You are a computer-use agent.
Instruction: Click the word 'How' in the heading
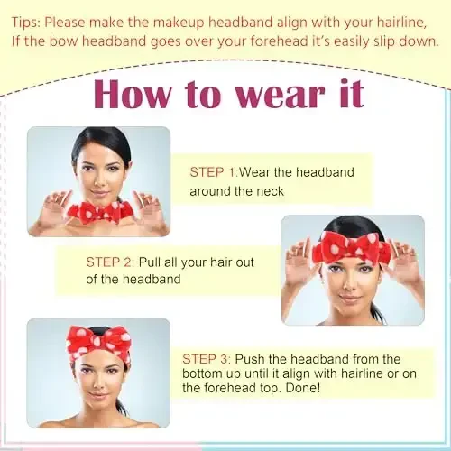click(x=135, y=94)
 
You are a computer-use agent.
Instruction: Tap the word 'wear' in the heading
click(x=272, y=94)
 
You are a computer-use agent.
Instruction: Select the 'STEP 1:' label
click(x=213, y=171)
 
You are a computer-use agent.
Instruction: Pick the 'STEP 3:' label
click(x=211, y=358)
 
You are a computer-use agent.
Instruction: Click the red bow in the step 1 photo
click(x=98, y=214)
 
